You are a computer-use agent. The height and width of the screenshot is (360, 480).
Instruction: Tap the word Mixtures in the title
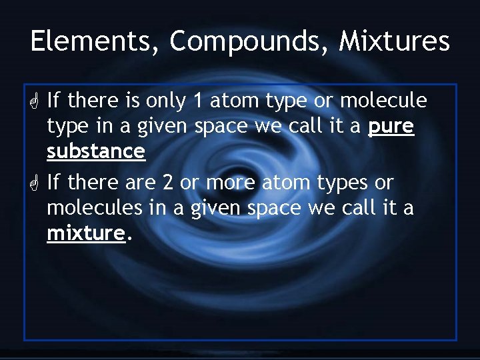pyautogui.click(x=395, y=41)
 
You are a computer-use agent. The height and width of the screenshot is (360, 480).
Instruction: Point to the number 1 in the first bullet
pyautogui.click(x=197, y=101)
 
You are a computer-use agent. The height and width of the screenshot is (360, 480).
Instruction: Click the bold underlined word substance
pyautogui.click(x=95, y=151)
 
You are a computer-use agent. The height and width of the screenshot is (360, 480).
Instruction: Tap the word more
pyautogui.click(x=228, y=182)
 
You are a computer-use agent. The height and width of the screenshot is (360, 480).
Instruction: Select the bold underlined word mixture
pyautogui.click(x=86, y=232)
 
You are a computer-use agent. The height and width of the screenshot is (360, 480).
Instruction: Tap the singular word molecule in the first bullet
pyautogui.click(x=384, y=101)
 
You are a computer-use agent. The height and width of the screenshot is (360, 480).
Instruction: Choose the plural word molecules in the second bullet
pyautogui.click(x=95, y=207)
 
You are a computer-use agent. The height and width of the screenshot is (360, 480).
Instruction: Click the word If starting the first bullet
pyautogui.click(x=54, y=101)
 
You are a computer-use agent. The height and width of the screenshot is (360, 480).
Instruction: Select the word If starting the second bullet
pyautogui.click(x=54, y=182)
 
